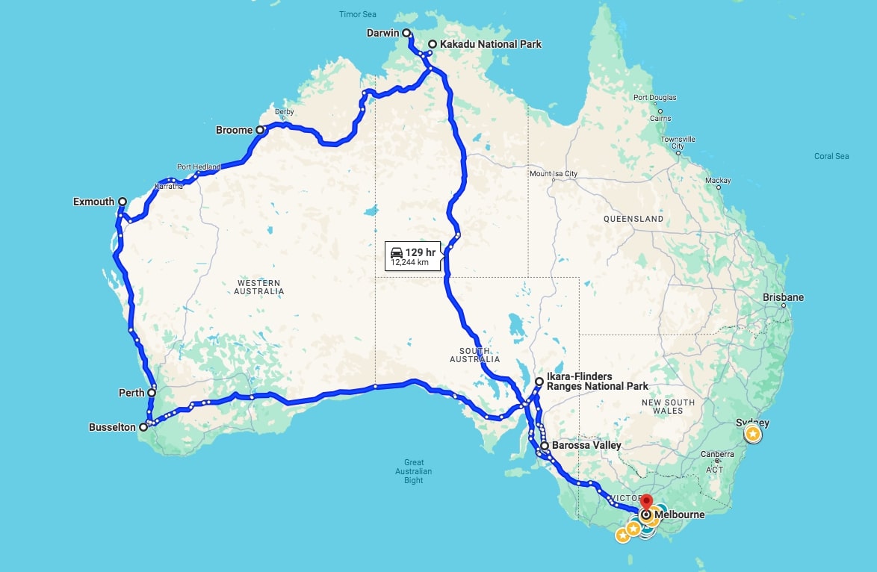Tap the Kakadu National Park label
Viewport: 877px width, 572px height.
pos(490,44)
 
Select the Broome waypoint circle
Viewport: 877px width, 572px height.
pos(260,130)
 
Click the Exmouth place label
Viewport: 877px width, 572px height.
pos(94,202)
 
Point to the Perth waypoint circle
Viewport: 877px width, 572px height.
pos(152,392)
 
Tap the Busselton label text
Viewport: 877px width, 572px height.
pos(112,427)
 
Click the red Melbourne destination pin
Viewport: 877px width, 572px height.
pos(646,503)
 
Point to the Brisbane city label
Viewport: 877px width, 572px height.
pos(783,297)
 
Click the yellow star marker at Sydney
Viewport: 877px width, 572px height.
pos(753,433)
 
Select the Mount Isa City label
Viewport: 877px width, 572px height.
pos(554,174)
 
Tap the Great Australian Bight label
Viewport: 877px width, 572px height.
pos(414,471)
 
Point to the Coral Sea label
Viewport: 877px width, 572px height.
pos(831,156)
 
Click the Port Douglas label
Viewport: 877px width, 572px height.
pos(654,98)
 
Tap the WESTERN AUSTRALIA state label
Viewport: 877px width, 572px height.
pos(259,287)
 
